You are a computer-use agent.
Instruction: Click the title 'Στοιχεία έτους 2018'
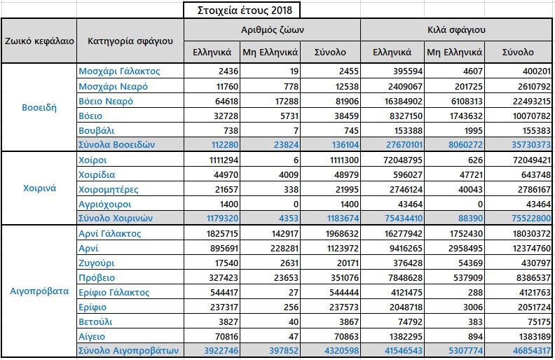[245, 11]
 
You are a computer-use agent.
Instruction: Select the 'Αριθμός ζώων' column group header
[272, 29]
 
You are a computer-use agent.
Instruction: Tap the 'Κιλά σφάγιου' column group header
[456, 29]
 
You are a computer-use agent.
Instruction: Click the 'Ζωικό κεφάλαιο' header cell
[39, 41]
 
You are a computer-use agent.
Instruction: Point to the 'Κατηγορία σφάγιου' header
[130, 41]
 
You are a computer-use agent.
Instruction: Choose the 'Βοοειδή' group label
[39, 107]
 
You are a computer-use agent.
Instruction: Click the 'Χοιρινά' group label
[39, 188]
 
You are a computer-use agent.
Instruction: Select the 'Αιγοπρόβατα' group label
[39, 291]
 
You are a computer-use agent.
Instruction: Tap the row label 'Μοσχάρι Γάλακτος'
[119, 71]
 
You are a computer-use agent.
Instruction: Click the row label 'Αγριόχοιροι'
[105, 204]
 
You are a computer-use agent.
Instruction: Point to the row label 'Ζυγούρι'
[96, 263]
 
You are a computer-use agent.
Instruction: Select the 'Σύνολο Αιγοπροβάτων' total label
[128, 350]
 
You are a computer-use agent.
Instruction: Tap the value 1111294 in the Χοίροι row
[224, 160]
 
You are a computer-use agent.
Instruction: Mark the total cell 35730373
[531, 145]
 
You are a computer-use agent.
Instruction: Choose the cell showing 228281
[285, 248]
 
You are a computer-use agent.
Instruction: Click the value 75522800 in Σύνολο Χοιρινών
[531, 219]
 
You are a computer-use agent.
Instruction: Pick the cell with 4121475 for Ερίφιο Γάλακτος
[406, 293]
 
